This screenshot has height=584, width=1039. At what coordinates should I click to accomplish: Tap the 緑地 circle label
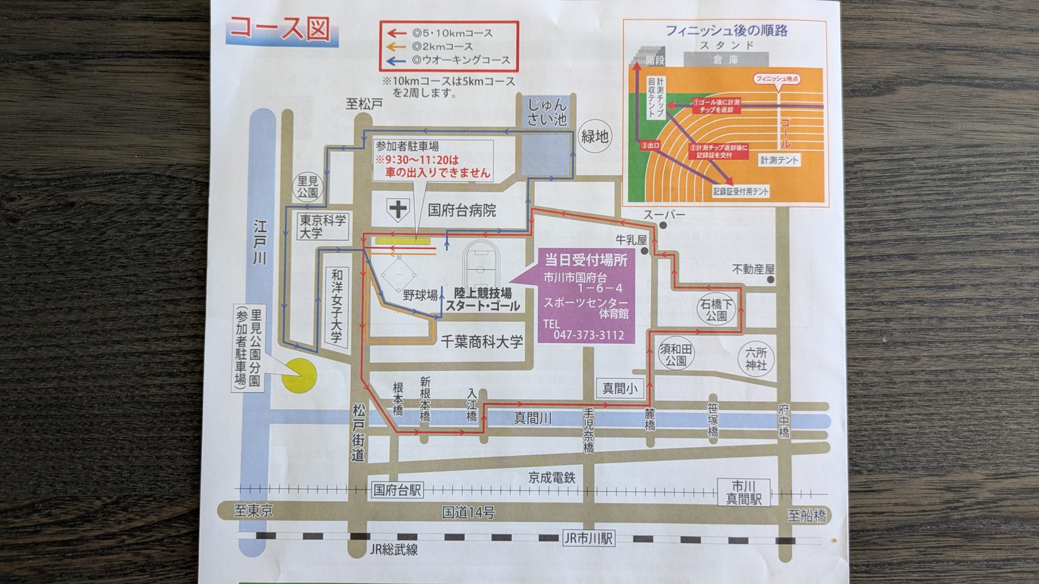[594, 136]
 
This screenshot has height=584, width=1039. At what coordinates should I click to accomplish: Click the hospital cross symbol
[398, 210]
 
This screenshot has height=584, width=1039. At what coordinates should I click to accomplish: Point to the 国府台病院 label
[462, 210]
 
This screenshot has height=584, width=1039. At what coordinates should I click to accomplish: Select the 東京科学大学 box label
[323, 227]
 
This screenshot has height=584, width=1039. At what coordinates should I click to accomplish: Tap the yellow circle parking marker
[299, 375]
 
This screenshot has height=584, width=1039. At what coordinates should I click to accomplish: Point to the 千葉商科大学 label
[482, 341]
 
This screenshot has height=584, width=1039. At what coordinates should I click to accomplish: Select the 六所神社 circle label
[756, 359]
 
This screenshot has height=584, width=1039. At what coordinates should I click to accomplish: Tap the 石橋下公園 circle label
[716, 310]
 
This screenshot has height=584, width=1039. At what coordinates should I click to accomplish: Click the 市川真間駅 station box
[744, 492]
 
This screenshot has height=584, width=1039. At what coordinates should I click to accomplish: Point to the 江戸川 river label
[260, 243]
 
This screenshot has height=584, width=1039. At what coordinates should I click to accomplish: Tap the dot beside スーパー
[663, 225]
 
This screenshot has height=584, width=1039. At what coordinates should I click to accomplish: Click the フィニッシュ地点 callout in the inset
[777, 79]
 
